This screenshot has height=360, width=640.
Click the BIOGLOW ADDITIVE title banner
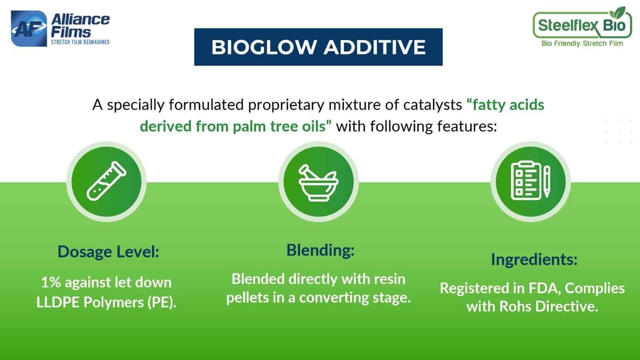pyautogui.click(x=318, y=47)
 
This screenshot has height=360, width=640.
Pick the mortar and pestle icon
pyautogui.click(x=318, y=181)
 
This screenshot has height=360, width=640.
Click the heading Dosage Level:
pyautogui.click(x=108, y=251)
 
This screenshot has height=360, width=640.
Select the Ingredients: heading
pyautogui.click(x=534, y=260)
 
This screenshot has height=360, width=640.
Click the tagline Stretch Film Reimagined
pyautogui.click(x=80, y=42)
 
